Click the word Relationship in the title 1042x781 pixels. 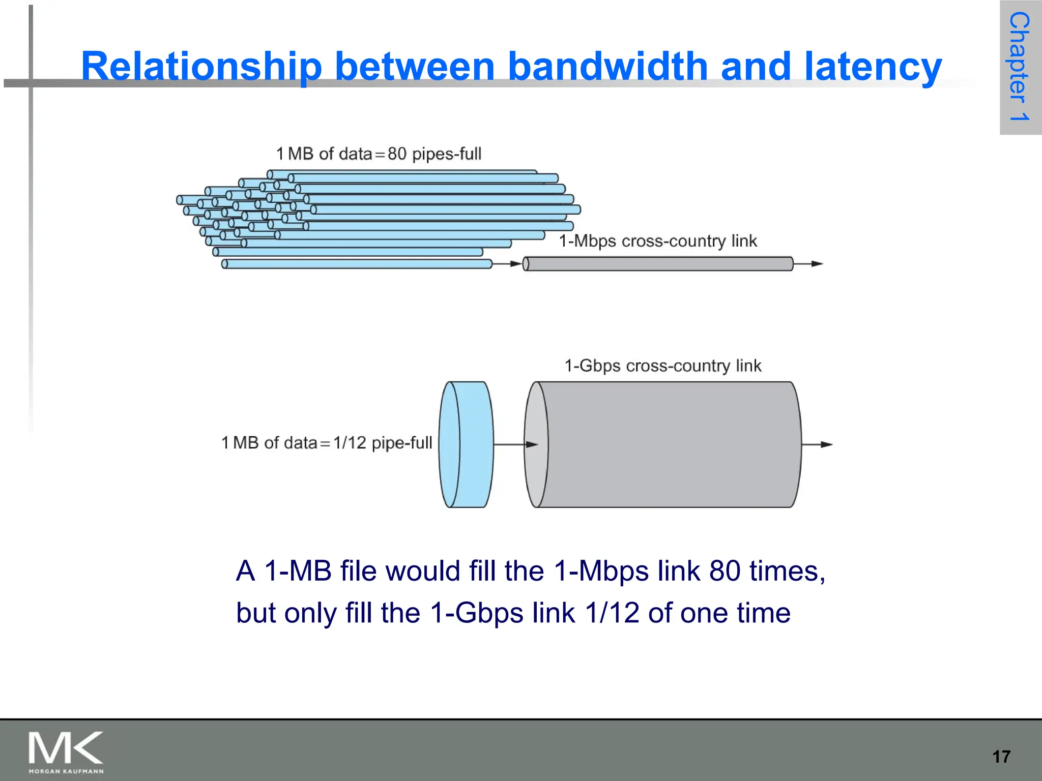(201, 67)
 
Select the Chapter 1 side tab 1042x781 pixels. (1020, 67)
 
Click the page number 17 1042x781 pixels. (1001, 757)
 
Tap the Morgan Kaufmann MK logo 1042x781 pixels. (66, 752)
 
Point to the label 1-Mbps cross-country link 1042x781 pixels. (657, 241)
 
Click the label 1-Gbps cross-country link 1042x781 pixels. (662, 366)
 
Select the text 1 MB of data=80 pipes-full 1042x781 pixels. (379, 154)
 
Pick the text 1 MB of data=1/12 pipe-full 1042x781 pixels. (327, 443)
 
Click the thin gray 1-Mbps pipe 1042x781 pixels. (657, 264)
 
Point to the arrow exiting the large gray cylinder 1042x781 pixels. (817, 444)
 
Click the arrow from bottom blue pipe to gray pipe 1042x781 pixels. (507, 264)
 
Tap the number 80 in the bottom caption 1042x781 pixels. (725, 571)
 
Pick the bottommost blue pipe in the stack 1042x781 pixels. (356, 264)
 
